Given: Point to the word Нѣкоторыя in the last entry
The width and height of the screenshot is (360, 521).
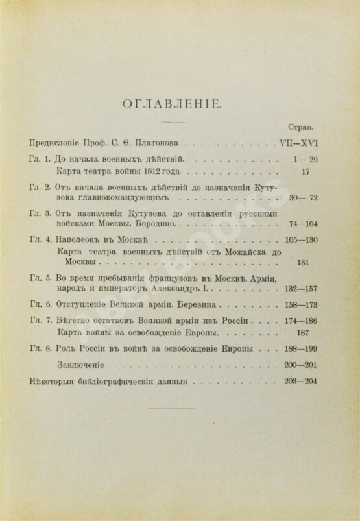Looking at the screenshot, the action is (x=56, y=381).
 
